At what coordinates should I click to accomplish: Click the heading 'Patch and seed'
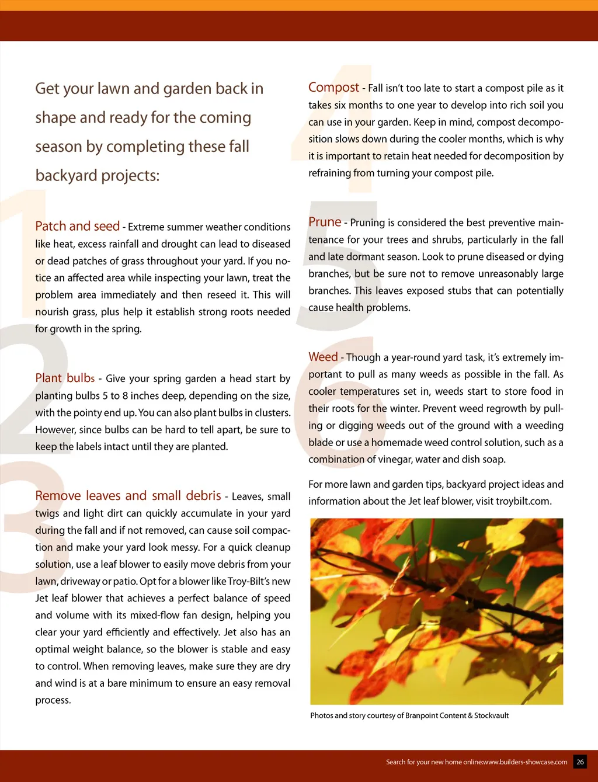pos(77,226)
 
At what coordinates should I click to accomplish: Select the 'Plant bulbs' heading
pos(65,378)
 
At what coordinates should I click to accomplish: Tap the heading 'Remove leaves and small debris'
pos(128,496)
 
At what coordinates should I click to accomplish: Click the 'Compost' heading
pos(333,88)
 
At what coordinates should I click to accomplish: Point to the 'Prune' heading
pos(325,222)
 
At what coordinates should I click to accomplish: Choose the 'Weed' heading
pos(323,357)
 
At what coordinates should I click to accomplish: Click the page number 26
pos(580,762)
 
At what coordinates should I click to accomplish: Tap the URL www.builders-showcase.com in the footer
pos(525,762)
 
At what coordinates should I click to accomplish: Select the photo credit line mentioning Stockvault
pos(409,715)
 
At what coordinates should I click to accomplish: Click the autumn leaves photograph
pos(436,611)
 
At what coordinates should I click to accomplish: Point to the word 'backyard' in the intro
pos(64,175)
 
